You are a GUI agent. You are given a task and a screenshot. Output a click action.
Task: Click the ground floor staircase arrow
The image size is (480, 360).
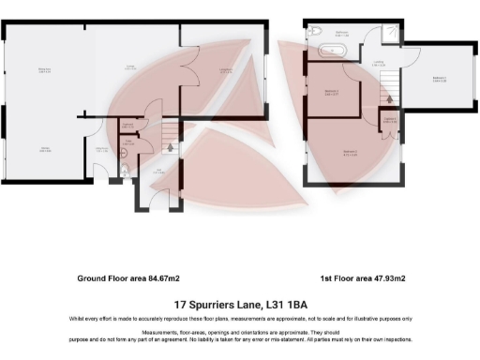(x=170, y=146)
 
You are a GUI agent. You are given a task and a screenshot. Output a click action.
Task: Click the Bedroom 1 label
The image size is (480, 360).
(x=439, y=79)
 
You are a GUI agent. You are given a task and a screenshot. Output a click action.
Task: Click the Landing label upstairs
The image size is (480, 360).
(x=378, y=64)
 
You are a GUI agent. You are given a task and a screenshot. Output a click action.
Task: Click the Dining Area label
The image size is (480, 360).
(x=44, y=70)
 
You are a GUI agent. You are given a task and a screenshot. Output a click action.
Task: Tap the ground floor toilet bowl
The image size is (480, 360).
(x=125, y=172)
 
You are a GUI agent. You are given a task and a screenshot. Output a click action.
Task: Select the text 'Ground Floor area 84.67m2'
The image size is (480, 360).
(x=127, y=278)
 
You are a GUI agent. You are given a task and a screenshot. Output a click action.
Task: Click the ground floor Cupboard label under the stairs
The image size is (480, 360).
(x=127, y=127)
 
